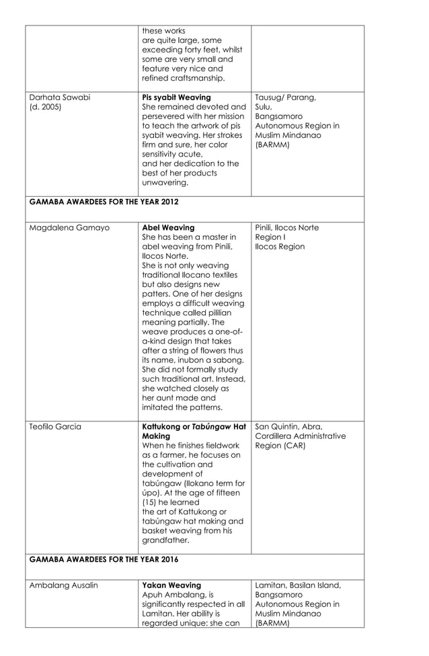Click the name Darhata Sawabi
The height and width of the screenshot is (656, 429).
[60, 97]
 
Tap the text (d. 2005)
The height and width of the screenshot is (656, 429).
[44, 107]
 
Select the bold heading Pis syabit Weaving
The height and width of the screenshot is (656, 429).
[176, 97]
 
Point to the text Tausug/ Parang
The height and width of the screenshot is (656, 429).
[285, 97]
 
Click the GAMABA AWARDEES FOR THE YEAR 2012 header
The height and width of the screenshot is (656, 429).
[104, 201]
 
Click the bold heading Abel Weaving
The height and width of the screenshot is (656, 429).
[168, 228]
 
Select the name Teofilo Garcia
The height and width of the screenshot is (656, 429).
[55, 426]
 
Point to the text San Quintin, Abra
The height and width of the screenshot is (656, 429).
[289, 426]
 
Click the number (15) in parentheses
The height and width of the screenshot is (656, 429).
[152, 501]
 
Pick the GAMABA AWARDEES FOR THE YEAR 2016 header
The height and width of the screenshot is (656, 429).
[104, 559]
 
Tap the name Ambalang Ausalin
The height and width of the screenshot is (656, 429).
[63, 585]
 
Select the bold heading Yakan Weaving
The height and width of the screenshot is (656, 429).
[171, 585]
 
